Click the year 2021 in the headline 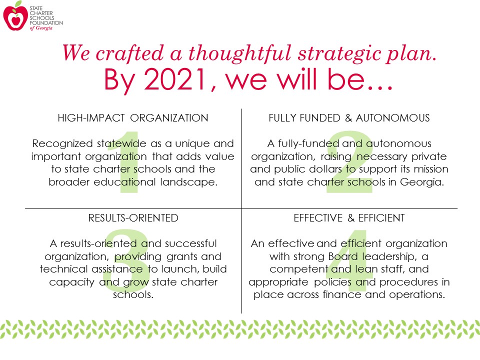pyautogui.click(x=175, y=79)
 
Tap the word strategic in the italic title pyautogui.click(x=340, y=54)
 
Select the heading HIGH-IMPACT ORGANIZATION pyautogui.click(x=133, y=118)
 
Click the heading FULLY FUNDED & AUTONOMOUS pyautogui.click(x=349, y=118)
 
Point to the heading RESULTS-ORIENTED pyautogui.click(x=133, y=218)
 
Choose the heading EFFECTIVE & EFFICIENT pyautogui.click(x=349, y=218)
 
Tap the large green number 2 pyautogui.click(x=349, y=162)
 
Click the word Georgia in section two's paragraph pyautogui.click(x=422, y=182)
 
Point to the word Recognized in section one pyautogui.click(x=62, y=144)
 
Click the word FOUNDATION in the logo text pyautogui.click(x=46, y=23)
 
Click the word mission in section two pyautogui.click(x=431, y=169)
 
